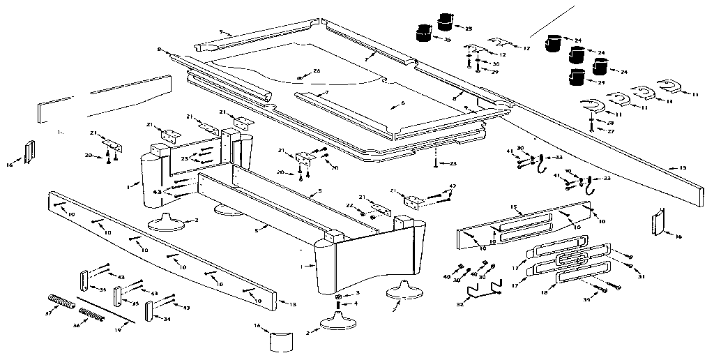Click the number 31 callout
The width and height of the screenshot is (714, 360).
tap(641, 277)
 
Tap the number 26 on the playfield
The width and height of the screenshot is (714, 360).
tap(317, 70)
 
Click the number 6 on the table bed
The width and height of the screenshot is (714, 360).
tap(402, 104)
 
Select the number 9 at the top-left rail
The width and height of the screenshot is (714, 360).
tap(221, 32)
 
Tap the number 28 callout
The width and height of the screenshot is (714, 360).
tap(611, 123)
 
